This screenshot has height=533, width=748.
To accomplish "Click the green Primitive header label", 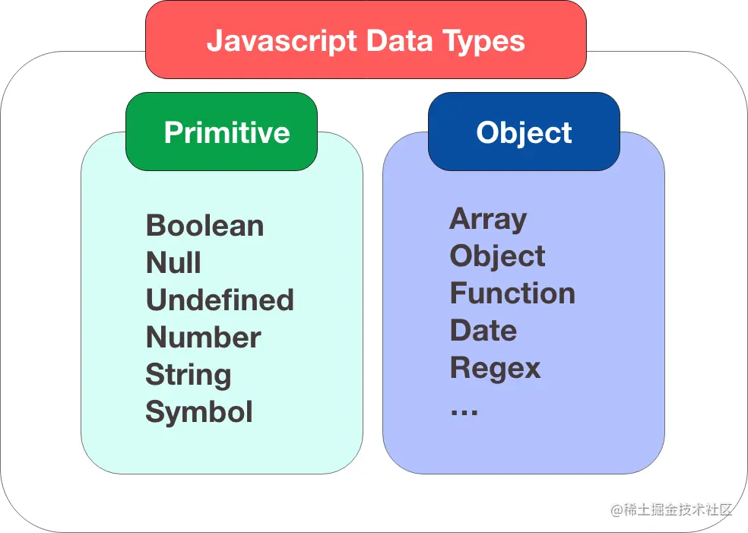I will coord(227,132).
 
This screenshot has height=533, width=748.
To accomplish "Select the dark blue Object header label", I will coord(524,132).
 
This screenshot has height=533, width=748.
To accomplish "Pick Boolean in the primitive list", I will coord(204,226).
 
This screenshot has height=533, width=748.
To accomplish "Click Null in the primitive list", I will coord(173,263).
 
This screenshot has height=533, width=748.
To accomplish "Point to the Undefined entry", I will coord(220,300).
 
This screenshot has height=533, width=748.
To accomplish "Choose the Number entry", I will coord(203,338).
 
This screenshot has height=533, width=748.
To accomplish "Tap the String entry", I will coord(189,375).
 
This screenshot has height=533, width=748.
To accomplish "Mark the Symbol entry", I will coord(199,412).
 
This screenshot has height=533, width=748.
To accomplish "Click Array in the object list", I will coord(488,219).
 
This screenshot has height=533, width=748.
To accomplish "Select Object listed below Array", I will coord(497,256).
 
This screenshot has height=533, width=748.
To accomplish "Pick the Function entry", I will coord(512,293).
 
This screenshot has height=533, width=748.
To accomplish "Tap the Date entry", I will coord(483,331).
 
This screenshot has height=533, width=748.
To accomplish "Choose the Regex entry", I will coord(495,368).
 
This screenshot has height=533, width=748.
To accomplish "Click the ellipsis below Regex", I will coord(464,411).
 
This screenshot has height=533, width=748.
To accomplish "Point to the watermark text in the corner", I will coord(672,509).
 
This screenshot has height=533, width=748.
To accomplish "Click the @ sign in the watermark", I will coord(617,510).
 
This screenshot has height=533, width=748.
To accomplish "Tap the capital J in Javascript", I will coord(215,41).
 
